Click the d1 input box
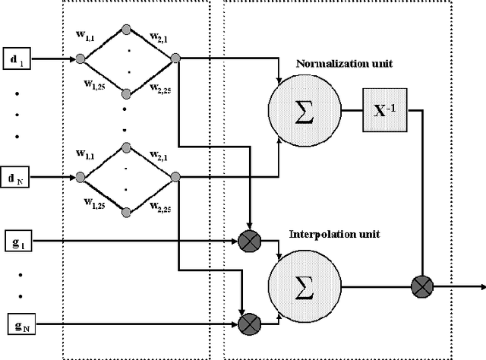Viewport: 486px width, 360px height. [17, 58]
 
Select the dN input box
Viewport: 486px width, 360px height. [17, 178]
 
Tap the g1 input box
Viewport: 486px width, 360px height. [17, 242]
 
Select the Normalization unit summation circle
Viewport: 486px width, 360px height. [304, 111]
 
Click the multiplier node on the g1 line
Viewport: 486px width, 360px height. [250, 242]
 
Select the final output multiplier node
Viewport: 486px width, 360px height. [421, 287]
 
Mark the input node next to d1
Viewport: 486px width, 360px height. [80, 58]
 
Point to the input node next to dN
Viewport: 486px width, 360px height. [80, 178]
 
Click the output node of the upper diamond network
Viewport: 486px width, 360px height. [175, 58]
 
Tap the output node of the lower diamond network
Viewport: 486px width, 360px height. [175, 178]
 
